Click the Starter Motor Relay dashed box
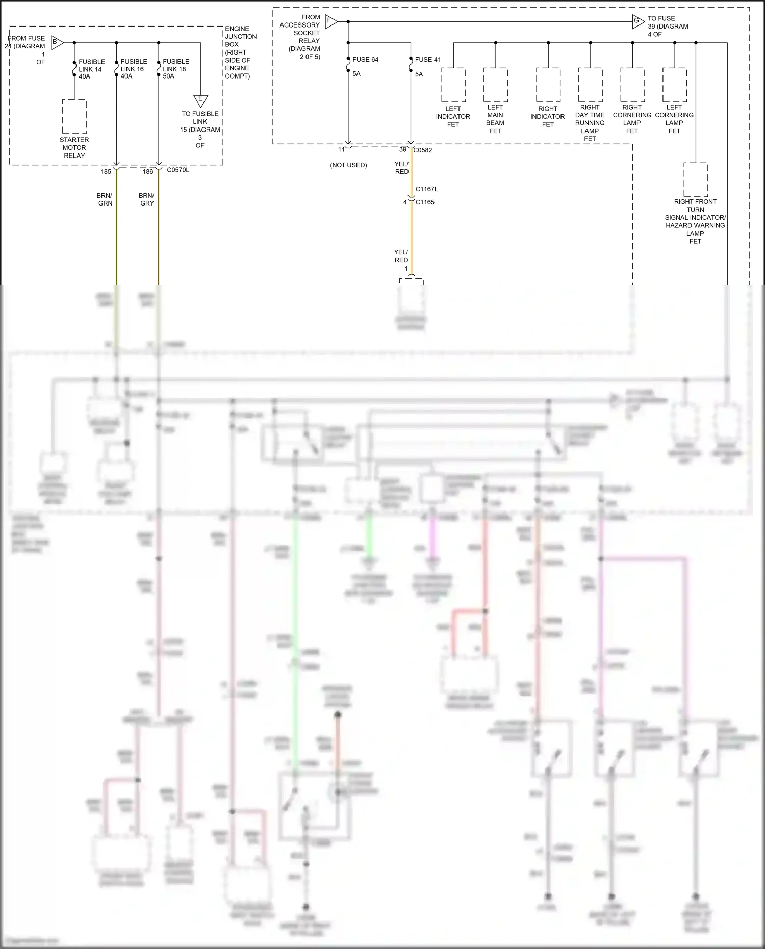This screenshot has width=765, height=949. pos(74,116)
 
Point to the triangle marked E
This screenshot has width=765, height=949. pos(200,100)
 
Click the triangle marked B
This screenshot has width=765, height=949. pos(57,43)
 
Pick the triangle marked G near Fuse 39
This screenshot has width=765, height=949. pos(637,22)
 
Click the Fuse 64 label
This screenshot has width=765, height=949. pos(365,60)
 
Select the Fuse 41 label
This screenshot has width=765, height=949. pos(427,60)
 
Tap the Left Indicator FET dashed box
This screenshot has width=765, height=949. pos(453,85)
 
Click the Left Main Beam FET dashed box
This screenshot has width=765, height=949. pos(495,85)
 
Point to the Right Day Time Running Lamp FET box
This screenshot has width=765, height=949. pos(590,85)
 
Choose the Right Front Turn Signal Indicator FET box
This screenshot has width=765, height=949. pos(696,179)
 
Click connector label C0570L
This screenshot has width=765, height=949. pos(178,170)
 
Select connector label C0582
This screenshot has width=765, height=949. pos(423,150)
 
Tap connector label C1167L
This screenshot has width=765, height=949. pos(426,189)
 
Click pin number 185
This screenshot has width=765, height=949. pos(106,172)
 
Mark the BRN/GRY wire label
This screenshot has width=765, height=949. pos(146,199)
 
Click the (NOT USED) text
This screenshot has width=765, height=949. pos(348,165)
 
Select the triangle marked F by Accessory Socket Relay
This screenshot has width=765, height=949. pos(330,22)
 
